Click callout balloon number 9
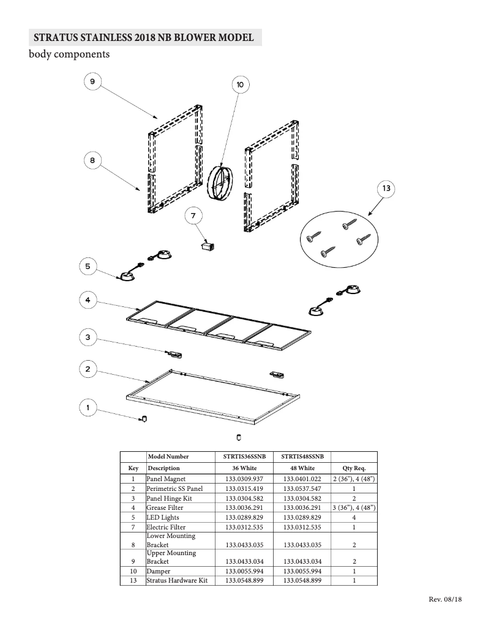coord(92,82)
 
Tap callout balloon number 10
coord(239,84)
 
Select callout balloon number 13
coord(386,189)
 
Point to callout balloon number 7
coord(193,216)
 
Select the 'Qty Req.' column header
coord(354,468)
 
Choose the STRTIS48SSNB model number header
coord(302,457)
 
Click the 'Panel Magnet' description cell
coord(166,479)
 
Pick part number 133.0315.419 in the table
coord(244,489)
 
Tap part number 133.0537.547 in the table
coord(302,489)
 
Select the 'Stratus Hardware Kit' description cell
coord(177,580)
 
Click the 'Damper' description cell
coord(158,571)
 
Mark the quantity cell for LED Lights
coord(354,517)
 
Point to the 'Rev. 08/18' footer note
coord(444,599)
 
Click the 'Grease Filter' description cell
coord(166,508)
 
